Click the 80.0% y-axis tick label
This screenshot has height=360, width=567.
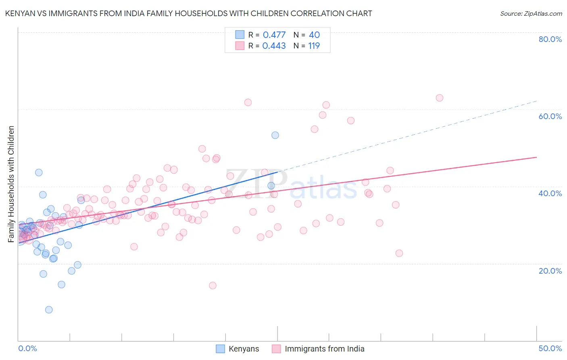(x=550, y=39)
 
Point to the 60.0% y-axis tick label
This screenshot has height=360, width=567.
(x=550, y=116)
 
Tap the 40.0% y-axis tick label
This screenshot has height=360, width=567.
(x=550, y=193)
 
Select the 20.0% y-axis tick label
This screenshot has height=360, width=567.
(x=550, y=270)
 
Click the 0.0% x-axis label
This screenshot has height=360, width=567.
(x=27, y=348)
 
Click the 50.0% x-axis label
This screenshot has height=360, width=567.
(x=550, y=348)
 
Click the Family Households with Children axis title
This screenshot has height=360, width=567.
(x=11, y=184)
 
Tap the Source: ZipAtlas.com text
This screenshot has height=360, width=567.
(x=531, y=14)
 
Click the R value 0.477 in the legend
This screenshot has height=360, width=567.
(x=274, y=35)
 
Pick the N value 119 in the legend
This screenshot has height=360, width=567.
(x=314, y=46)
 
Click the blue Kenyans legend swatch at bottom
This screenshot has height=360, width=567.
(x=220, y=349)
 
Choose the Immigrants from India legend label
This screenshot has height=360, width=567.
(x=324, y=349)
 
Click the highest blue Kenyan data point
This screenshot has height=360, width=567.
(x=275, y=135)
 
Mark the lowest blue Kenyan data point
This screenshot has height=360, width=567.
(x=49, y=310)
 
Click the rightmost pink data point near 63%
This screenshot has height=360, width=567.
(x=440, y=98)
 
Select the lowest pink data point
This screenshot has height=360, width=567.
(x=213, y=285)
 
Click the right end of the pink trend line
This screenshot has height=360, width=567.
(x=536, y=157)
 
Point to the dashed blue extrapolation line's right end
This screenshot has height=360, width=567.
(x=536, y=101)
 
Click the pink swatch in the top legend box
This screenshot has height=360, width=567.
(x=240, y=46)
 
